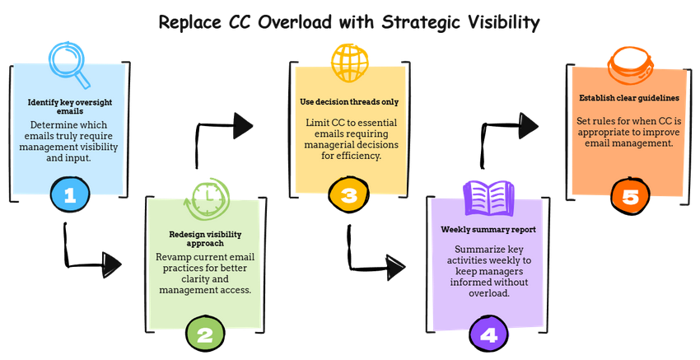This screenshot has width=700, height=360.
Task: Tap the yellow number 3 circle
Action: (348, 195)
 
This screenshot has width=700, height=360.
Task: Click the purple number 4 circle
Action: (488, 334)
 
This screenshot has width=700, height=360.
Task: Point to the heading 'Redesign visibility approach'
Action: (208, 239)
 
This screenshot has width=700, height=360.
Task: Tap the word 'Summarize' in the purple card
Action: (480, 248)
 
